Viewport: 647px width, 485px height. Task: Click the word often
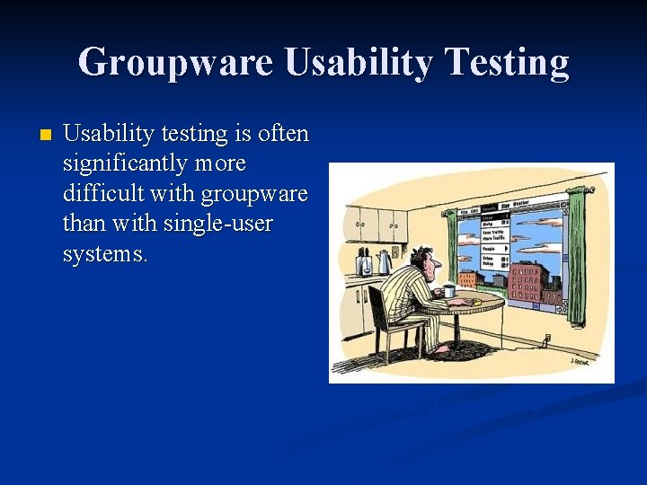click(x=283, y=134)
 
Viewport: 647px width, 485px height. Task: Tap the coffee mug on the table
click(x=449, y=291)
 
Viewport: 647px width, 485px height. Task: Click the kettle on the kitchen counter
click(x=384, y=262)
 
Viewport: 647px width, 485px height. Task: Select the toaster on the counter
click(x=364, y=264)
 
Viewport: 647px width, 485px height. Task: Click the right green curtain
click(x=577, y=256)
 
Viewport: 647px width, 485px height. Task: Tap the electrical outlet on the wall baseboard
click(x=545, y=339)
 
